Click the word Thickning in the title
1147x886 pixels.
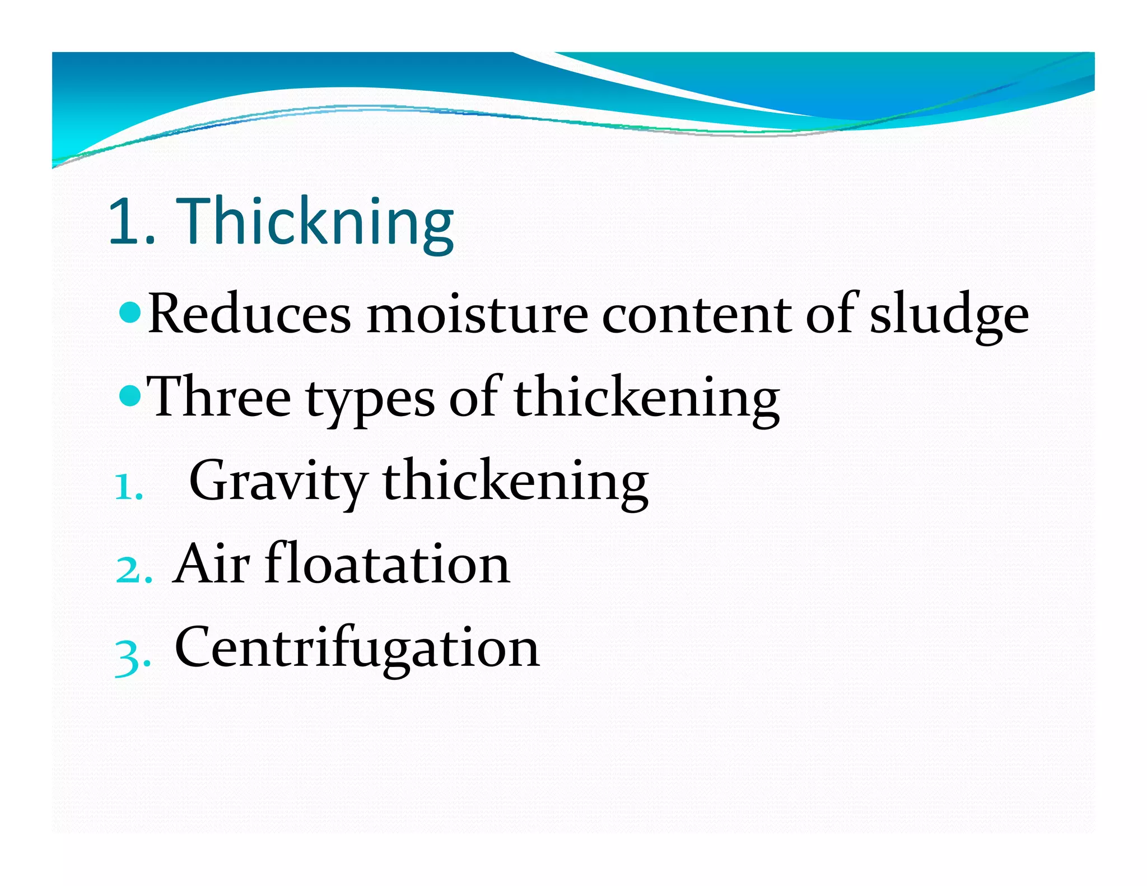click(x=315, y=222)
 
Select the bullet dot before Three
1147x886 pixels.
click(x=130, y=396)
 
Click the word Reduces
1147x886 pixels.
click(x=249, y=315)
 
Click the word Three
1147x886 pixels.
click(x=220, y=398)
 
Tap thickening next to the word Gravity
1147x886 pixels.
click(x=515, y=482)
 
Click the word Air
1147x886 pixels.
click(x=211, y=565)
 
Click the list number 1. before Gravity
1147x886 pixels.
click(x=129, y=487)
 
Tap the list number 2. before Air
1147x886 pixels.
click(x=133, y=571)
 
